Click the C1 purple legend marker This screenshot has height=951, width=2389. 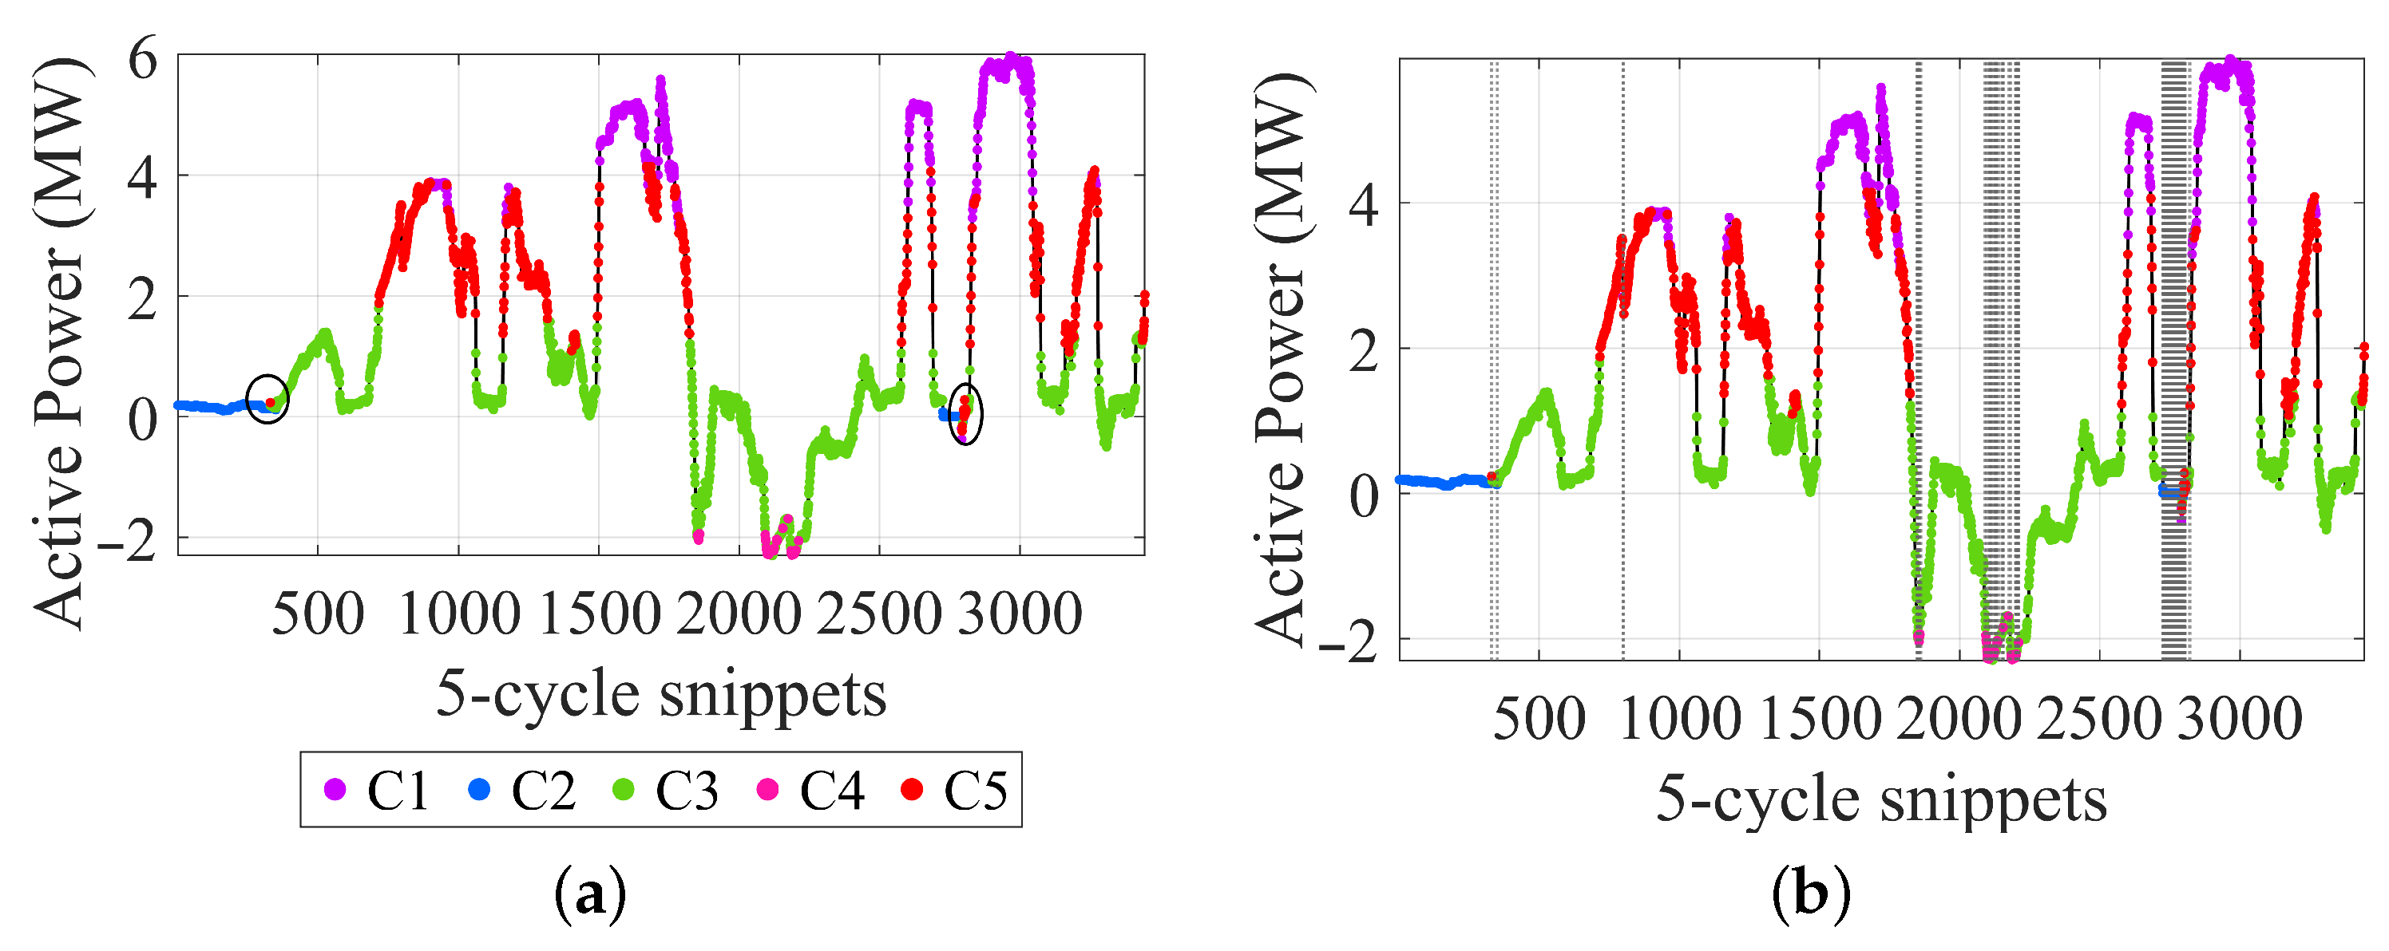tap(335, 790)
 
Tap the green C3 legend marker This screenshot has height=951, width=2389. tap(624, 790)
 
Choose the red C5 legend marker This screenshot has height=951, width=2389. tap(913, 790)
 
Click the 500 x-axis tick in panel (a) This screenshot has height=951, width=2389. tap(318, 614)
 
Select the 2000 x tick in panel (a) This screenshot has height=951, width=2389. tap(739, 614)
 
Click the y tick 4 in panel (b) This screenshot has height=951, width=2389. tap(1363, 205)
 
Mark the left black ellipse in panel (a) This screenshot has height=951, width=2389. tap(268, 400)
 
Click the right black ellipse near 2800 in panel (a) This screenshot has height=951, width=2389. tap(966, 414)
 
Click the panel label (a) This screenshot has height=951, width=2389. tap(590, 895)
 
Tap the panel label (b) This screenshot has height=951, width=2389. tap(1810, 895)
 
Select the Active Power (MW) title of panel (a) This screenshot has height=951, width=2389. tap(59, 343)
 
